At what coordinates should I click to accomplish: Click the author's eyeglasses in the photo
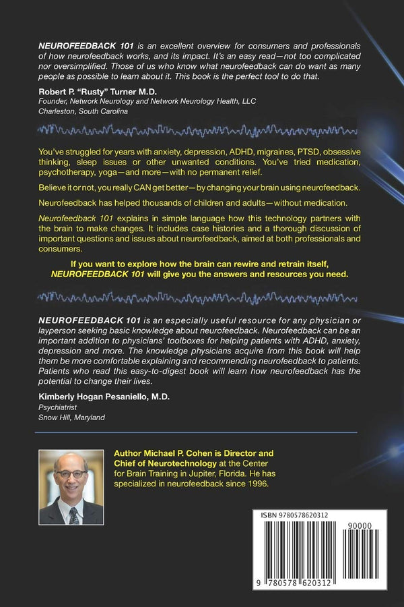pyautogui.click(x=71, y=473)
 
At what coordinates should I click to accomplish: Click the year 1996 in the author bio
pyautogui.click(x=256, y=484)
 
